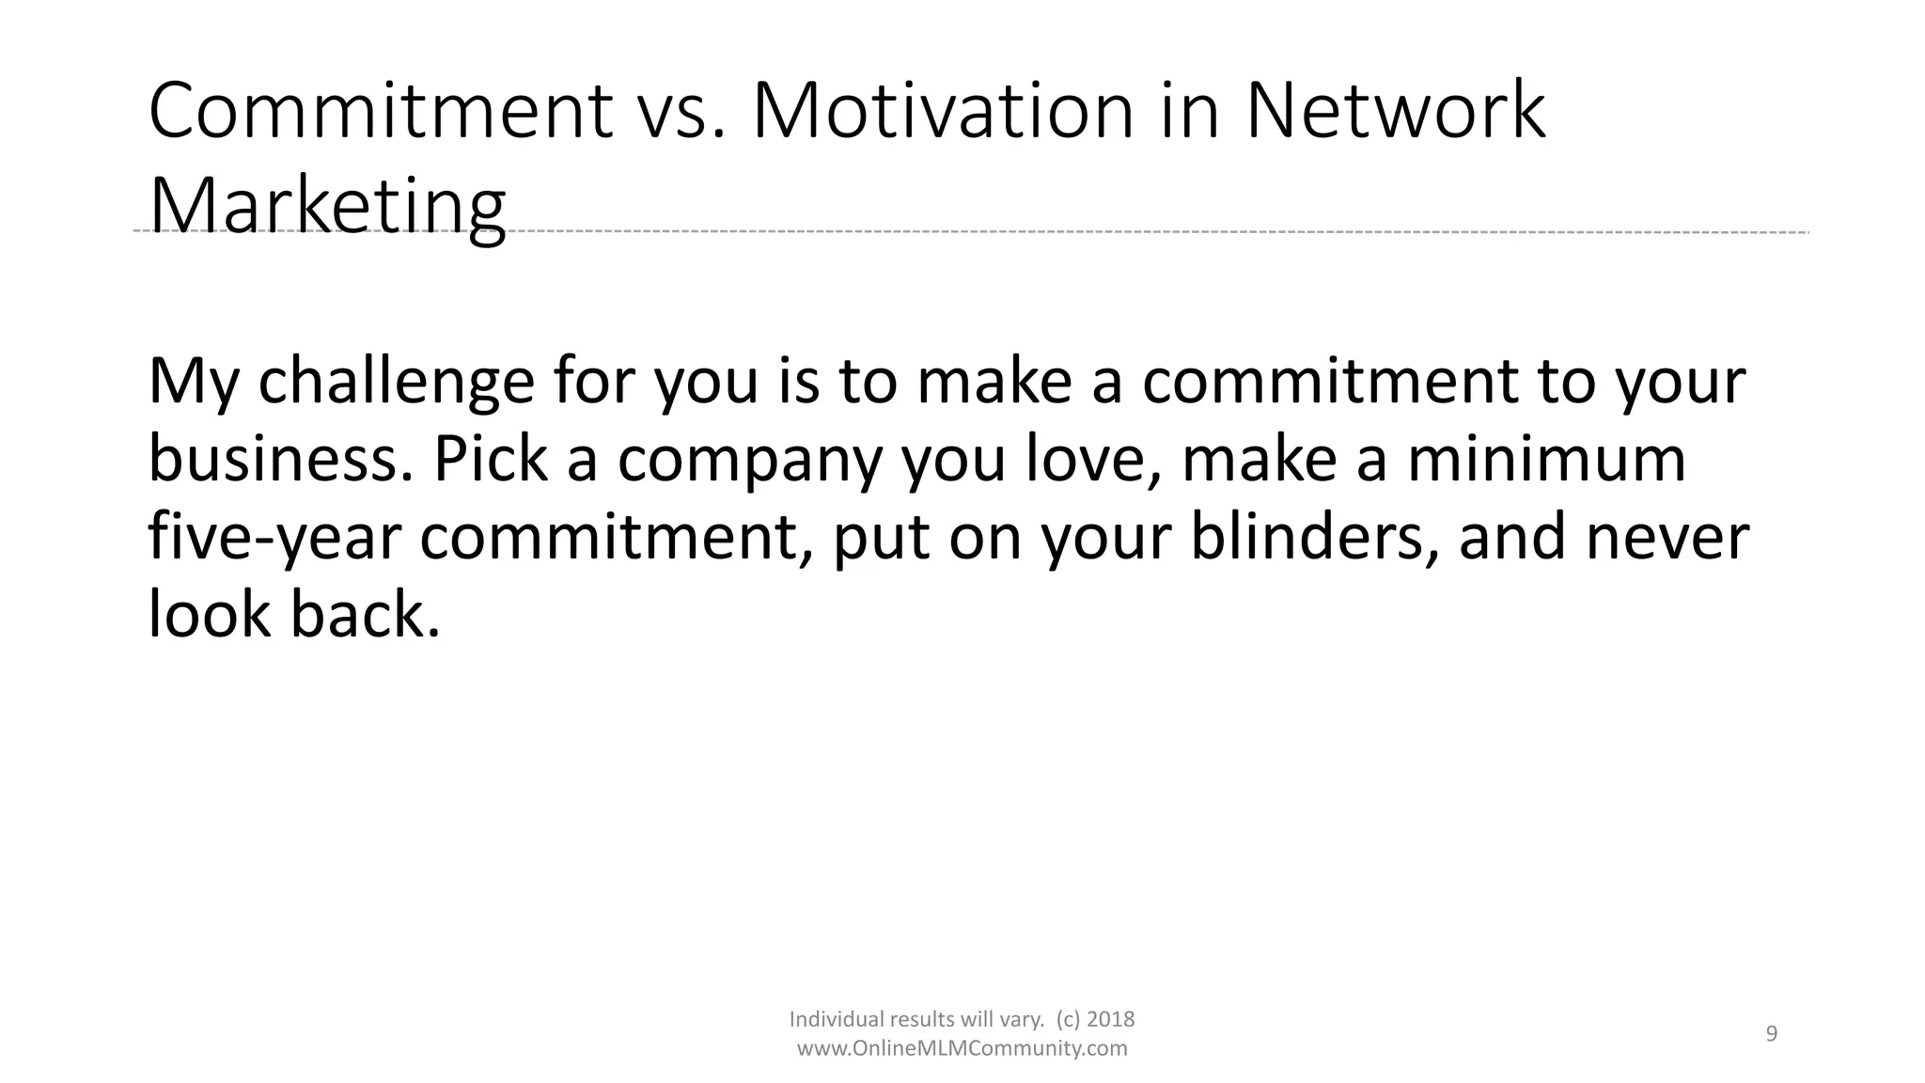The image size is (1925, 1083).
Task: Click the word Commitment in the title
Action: pyautogui.click(x=381, y=112)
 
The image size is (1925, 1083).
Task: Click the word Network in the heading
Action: pyautogui.click(x=1395, y=112)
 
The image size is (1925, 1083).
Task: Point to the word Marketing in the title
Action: pyautogui.click(x=327, y=207)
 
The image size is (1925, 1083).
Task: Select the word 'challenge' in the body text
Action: pyautogui.click(x=396, y=383)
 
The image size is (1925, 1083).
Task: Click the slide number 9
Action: pyautogui.click(x=1772, y=1034)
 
